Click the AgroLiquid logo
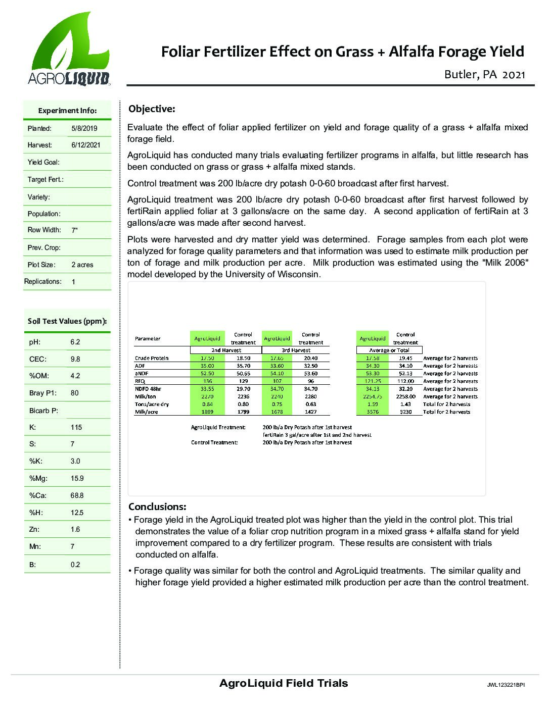coord(69,48)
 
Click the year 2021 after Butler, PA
coord(515,75)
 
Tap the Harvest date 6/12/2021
coord(86,145)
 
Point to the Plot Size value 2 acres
coord(82,265)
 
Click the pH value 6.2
coord(75,342)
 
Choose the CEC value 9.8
coord(75,359)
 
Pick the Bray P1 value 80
coord(75,393)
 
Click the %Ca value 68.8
coord(77,495)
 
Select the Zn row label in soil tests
coord(32,529)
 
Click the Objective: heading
coord(152,109)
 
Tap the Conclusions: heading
coord(157,506)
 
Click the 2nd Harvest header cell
coord(225,350)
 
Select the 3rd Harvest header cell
coord(296,350)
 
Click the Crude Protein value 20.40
coord(310,358)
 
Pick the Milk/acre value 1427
coord(310,412)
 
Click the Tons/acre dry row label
coord(152,404)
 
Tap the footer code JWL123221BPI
coord(506,685)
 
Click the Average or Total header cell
coord(389,350)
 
